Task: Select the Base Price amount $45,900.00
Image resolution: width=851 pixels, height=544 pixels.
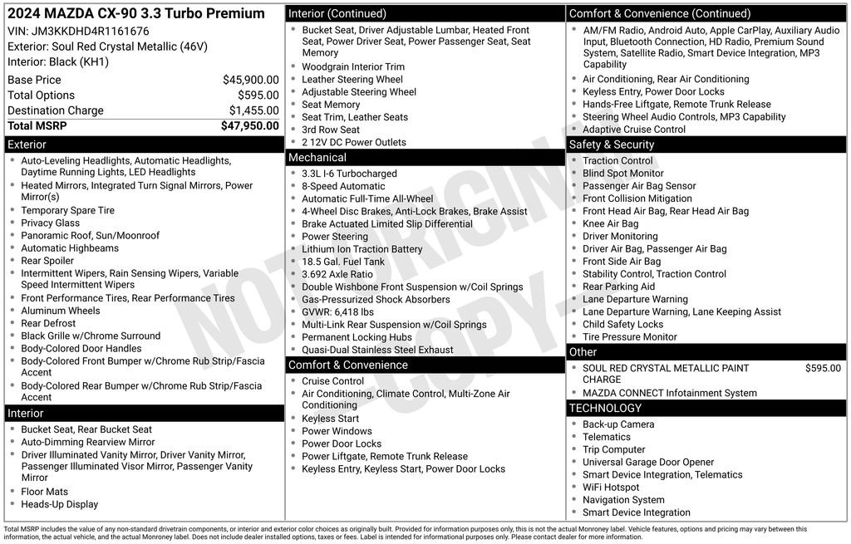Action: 250,80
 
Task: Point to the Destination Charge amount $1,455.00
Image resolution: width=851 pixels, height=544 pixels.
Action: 253,110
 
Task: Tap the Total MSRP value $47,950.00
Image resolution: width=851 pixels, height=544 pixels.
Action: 249,126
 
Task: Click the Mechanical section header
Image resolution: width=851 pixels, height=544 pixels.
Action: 317,158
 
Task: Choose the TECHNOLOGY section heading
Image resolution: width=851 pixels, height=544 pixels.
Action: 605,409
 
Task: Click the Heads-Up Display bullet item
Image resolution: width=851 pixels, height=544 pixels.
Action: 60,505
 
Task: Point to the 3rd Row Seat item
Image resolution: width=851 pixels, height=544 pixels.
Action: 331,130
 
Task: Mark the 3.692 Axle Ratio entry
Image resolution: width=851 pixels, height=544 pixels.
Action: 337,274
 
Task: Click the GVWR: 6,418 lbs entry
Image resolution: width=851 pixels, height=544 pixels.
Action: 337,312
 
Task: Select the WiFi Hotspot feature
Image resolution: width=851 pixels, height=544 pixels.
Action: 611,488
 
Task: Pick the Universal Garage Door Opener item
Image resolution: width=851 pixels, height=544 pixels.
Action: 648,463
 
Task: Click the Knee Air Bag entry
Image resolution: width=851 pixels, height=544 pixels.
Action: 611,224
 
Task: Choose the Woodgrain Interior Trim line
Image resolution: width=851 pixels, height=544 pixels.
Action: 353,67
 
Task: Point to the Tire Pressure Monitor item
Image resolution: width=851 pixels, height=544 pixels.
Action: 630,337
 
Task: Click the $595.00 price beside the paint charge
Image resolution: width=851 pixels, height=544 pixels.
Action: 823,369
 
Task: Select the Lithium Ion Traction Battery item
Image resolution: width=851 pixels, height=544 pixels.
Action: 362,249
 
